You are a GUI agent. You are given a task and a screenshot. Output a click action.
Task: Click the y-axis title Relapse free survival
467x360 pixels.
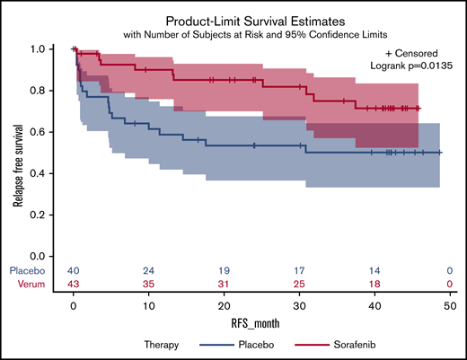tap(17, 154)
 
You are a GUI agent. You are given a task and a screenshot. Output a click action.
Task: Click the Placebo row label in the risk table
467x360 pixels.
tap(26, 270)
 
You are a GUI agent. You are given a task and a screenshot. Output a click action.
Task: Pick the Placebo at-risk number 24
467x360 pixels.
tap(147, 270)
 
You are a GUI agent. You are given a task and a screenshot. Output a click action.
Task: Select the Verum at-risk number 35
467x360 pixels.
tap(147, 284)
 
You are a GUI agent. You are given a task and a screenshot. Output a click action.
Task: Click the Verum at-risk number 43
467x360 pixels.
tap(74, 284)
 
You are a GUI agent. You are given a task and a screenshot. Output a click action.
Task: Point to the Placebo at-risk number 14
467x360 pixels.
tap(370, 270)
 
